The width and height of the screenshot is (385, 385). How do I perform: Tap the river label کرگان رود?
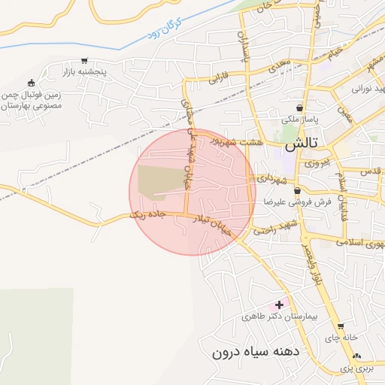point(165,33)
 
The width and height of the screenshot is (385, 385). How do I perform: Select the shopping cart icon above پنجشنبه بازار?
point(84,62)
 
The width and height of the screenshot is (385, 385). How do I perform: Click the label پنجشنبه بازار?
point(86,73)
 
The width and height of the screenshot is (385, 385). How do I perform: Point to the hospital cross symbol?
point(280,305)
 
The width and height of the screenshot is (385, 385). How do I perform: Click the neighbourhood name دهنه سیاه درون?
point(256,351)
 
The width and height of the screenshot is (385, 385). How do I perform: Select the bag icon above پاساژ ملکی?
point(300,108)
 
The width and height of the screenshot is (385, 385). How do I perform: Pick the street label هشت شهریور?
point(236,141)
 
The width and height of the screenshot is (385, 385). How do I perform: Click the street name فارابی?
point(218,76)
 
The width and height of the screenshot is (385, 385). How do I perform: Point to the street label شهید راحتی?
point(276,228)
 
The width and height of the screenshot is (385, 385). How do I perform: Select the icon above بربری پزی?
point(356,356)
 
